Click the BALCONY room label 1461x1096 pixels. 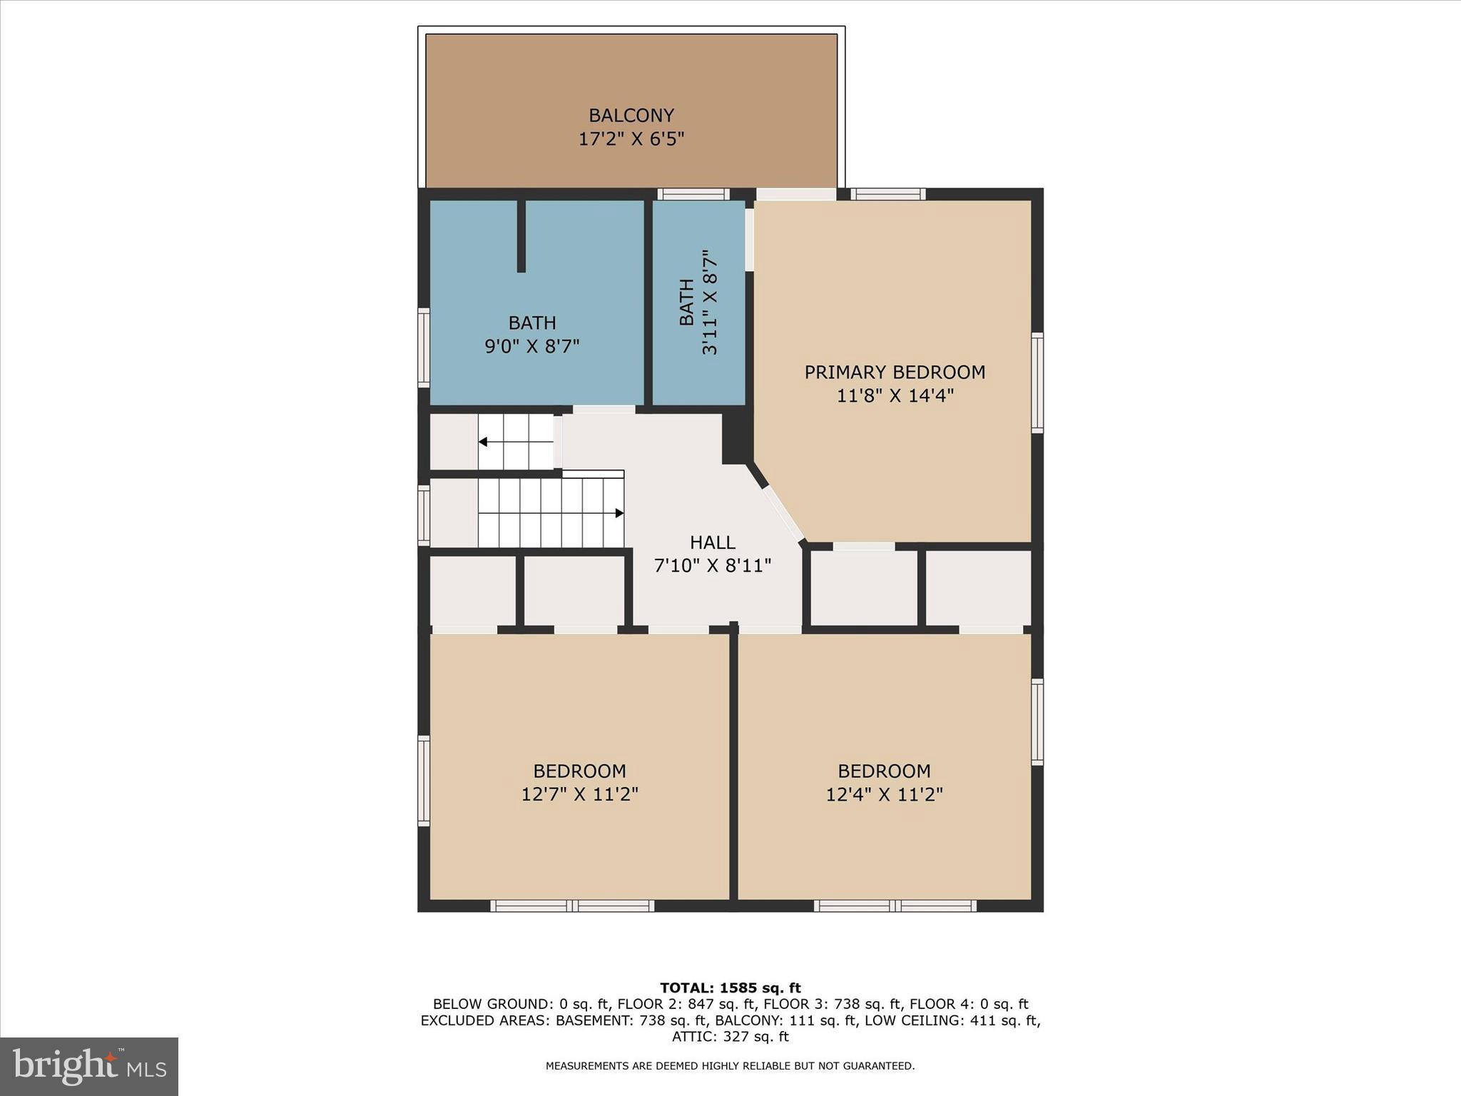631,115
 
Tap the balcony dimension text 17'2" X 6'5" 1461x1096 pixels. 631,138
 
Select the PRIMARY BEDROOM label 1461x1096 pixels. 895,372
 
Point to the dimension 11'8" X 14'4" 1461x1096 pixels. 895,395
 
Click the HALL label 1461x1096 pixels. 712,542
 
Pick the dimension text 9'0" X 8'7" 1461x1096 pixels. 531,346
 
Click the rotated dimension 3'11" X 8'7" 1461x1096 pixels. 709,303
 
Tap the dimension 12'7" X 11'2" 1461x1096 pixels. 579,794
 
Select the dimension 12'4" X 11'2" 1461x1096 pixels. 884,794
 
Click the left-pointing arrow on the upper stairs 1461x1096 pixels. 483,442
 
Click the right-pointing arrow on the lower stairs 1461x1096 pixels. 619,513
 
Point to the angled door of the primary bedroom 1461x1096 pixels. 783,513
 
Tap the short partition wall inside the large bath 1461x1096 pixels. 521,235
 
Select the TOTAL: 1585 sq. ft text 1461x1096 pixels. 730,988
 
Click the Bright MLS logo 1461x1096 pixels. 89,1067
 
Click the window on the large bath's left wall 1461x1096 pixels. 424,347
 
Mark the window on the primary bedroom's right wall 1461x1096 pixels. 1037,382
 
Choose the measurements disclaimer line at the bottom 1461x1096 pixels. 730,1066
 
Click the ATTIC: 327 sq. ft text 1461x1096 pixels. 730,1036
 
